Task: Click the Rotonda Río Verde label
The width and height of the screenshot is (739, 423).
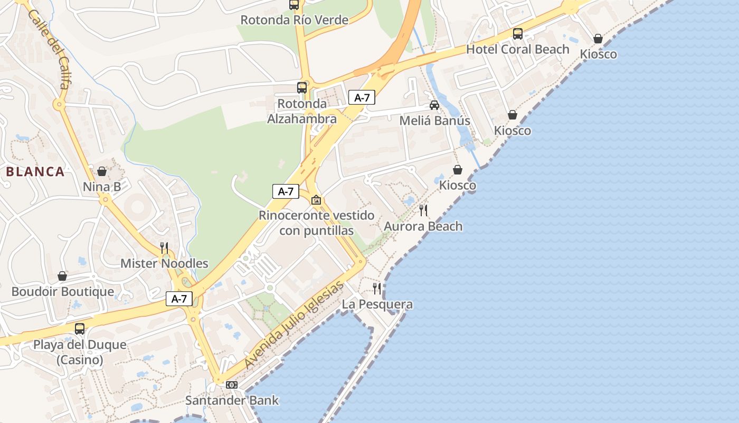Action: pos(294,20)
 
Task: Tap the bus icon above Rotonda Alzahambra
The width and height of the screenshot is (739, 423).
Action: pos(302,88)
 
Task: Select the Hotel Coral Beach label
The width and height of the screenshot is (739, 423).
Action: pos(517,49)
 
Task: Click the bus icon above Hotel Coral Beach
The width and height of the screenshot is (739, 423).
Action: pos(518,34)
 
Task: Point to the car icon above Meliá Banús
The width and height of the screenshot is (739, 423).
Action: pos(434,105)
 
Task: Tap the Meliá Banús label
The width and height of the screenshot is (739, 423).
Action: pos(434,121)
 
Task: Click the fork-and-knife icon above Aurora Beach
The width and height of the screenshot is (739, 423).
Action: pos(423,210)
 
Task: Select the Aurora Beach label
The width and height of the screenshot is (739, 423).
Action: pos(423,226)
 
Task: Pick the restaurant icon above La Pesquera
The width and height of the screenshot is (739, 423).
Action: pos(377,289)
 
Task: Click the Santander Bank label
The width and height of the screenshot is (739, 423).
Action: pos(232,400)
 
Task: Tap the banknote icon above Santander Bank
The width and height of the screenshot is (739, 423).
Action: pos(232,385)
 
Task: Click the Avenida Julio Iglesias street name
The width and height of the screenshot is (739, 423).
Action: pos(295,325)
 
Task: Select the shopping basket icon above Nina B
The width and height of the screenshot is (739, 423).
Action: pos(102,171)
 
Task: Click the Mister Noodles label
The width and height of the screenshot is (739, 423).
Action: pos(164,263)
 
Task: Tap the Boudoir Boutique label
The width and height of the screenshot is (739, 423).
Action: pos(62,292)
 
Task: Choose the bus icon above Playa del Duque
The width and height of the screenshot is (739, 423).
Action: pos(80,329)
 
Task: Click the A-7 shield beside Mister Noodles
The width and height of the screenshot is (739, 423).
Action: pos(179,299)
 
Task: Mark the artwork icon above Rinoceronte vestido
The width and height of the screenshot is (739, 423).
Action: pos(316,200)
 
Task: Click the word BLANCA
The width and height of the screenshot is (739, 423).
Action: pos(35,171)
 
